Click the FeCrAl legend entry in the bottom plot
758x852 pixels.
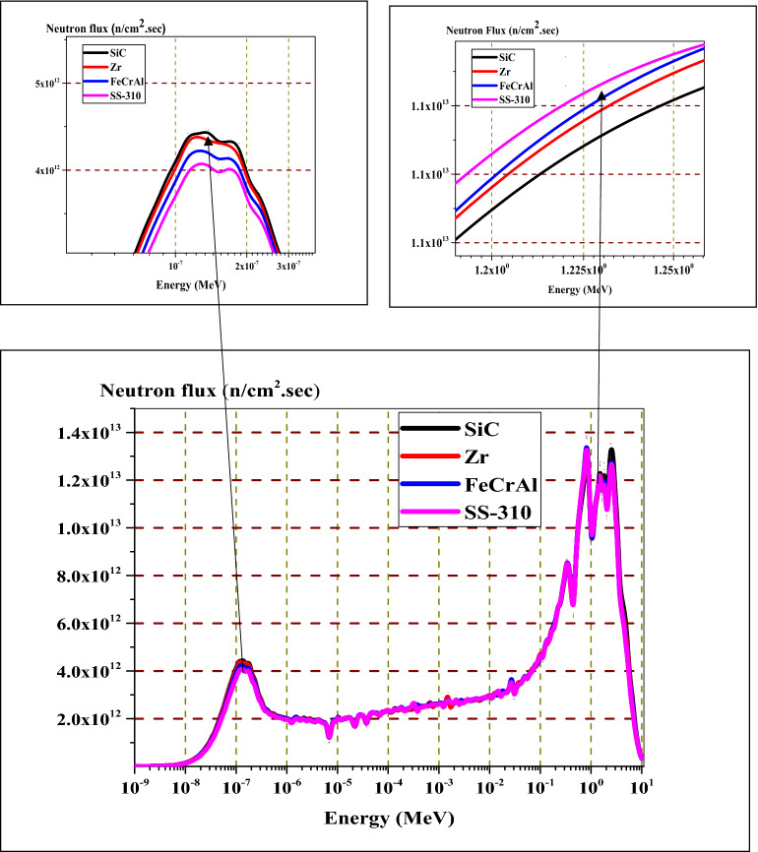501,483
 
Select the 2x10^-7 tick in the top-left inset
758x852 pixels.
245,266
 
